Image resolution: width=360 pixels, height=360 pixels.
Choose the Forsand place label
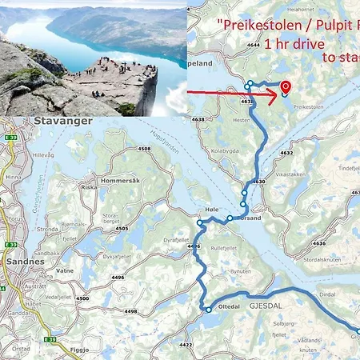point(247,218)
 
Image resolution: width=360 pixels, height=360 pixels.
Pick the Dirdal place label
point(327,294)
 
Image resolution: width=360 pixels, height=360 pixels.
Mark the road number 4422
point(186,345)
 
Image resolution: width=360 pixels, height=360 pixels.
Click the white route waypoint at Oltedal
point(209,310)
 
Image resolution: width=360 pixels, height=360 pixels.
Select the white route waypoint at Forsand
point(230,218)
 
